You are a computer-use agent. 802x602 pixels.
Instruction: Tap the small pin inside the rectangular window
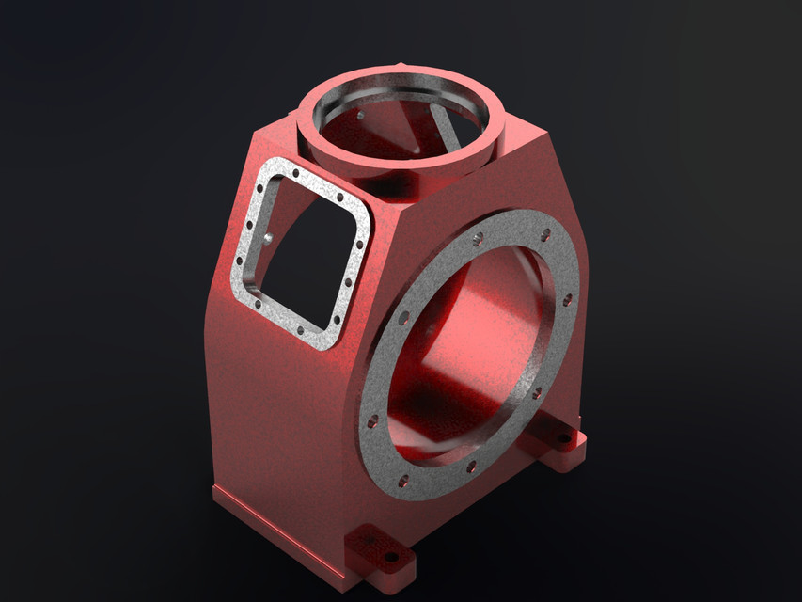269,239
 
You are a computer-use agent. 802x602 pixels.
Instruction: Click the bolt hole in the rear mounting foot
566,438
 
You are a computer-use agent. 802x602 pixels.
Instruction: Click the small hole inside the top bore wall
359,113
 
